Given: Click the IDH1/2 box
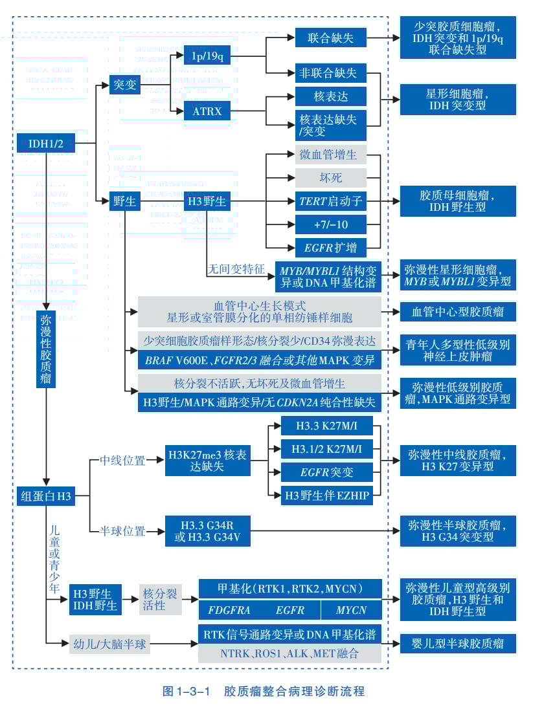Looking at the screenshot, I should (45, 143).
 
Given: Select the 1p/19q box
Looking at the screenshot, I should (207, 56).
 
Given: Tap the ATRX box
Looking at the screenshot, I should (207, 111).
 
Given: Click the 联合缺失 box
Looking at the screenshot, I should (330, 38).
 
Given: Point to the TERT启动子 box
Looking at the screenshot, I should (330, 201).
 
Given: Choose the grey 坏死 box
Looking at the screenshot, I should (330, 178).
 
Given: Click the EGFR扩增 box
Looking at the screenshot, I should (330, 247).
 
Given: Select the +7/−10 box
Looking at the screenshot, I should (330, 224).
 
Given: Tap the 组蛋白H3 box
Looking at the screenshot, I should (45, 496).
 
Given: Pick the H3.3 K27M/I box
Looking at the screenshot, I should (326, 426).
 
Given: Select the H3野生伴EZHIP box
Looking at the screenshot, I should (326, 496).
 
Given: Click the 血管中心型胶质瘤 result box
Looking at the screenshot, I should (458, 312).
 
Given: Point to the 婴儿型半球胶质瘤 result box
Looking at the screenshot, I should (458, 644).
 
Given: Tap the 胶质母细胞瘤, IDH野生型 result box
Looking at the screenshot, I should (458, 201).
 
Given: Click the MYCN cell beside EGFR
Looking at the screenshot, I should (351, 610).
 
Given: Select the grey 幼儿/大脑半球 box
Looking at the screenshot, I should (109, 644).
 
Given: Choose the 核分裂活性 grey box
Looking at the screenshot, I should (160, 599).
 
